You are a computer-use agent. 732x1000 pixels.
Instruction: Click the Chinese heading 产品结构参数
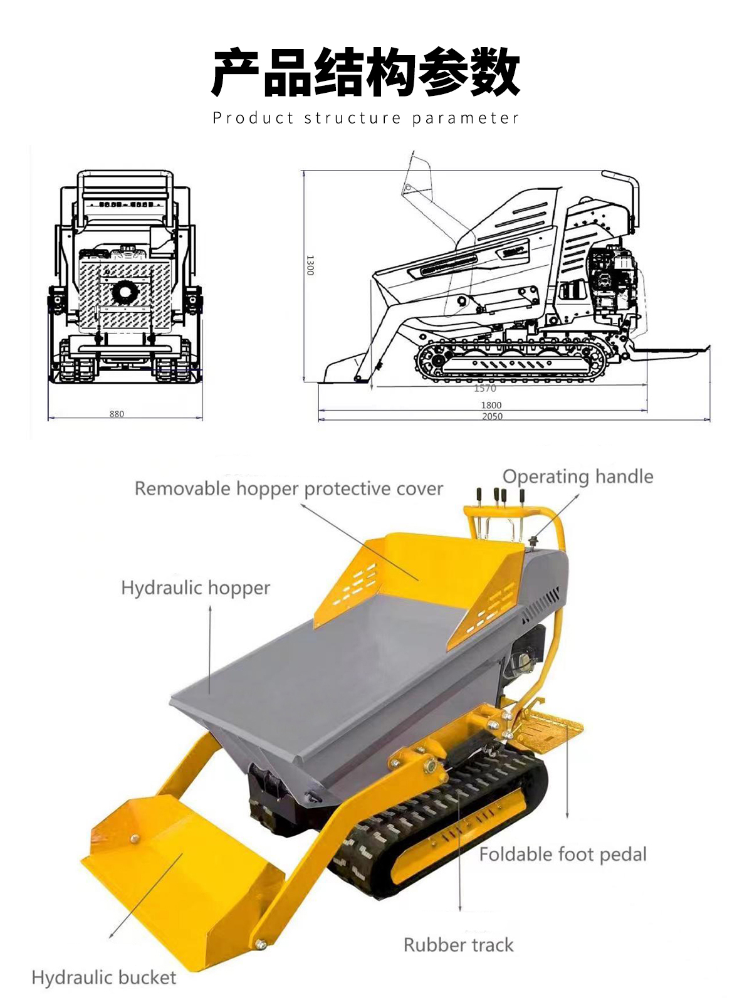point(365,72)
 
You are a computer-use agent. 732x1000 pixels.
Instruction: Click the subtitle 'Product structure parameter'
point(365,118)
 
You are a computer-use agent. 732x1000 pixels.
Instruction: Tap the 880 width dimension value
point(117,414)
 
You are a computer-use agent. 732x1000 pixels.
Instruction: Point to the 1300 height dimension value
point(310,265)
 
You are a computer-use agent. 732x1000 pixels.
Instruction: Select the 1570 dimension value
point(484,388)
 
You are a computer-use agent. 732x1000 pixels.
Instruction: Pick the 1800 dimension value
point(491,405)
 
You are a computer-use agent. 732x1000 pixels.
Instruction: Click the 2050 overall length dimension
point(492,416)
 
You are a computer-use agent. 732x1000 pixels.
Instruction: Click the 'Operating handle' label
point(578,477)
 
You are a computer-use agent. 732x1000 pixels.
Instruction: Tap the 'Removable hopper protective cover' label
point(289,489)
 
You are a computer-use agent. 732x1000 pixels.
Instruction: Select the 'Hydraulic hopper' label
point(196,588)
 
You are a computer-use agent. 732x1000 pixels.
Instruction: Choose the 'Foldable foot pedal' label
point(563,855)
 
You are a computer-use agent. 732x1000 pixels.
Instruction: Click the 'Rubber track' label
point(458,945)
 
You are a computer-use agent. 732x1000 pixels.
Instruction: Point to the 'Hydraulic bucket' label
point(104,977)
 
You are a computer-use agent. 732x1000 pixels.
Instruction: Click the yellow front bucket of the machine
point(179,875)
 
